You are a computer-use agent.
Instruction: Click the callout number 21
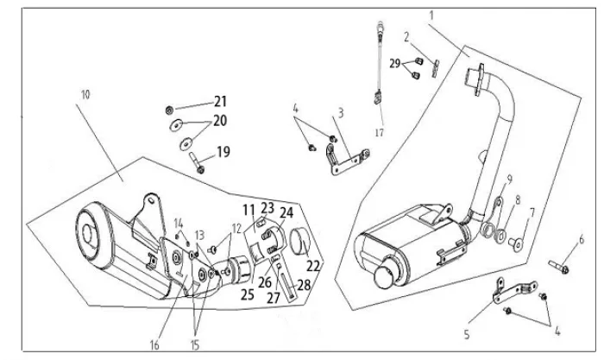coord(220,102)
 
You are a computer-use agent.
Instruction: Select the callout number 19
coord(223,152)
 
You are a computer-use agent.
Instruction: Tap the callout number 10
coord(85,94)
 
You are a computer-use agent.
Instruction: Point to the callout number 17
coord(380,133)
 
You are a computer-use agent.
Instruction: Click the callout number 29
coord(395,64)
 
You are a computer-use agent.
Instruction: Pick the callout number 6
coord(582,239)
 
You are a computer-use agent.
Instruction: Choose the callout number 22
coord(313,266)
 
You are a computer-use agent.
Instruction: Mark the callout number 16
coord(154,344)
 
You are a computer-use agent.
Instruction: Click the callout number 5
coord(467,334)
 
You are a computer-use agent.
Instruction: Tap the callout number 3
coord(341,113)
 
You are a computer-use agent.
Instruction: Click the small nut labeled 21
coord(168,111)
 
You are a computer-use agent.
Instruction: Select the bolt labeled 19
coord(196,163)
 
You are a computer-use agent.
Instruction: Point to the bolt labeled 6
coord(559,267)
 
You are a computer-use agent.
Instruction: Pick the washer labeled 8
coord(500,236)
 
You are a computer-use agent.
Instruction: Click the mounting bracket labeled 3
coord(348,160)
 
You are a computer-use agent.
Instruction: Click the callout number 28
coord(304,285)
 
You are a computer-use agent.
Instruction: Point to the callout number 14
coord(179,224)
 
